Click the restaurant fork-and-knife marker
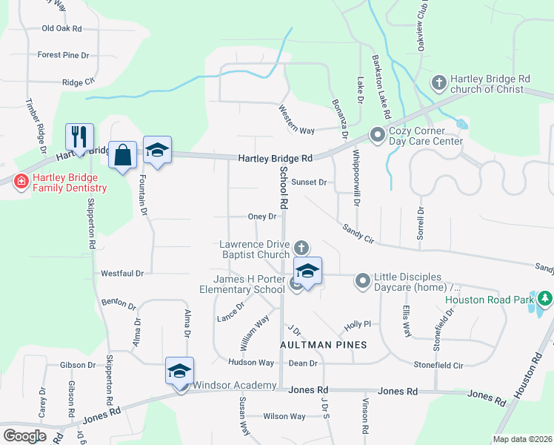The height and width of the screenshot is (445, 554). click(x=79, y=136)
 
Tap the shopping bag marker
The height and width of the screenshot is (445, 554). click(x=123, y=155)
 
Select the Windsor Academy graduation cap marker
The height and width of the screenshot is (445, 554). click(x=179, y=371)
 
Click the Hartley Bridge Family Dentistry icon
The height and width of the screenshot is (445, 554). click(x=21, y=180)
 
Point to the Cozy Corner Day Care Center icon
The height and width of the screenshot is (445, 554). click(x=376, y=134)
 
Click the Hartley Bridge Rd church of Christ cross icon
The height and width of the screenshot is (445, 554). click(x=438, y=82)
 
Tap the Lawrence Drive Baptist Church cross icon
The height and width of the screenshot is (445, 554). click(x=300, y=247)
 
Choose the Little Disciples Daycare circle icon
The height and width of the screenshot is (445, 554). click(x=363, y=280)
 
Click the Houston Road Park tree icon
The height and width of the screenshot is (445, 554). click(x=545, y=299)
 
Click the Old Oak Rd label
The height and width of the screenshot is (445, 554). click(x=61, y=28)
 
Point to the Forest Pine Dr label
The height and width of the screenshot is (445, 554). click(x=63, y=55)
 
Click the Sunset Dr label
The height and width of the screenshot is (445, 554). click(x=309, y=182)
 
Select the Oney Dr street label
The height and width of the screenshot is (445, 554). click(x=262, y=217)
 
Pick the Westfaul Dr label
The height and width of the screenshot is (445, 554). click(x=122, y=273)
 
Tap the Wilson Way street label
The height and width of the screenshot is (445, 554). click(x=284, y=416)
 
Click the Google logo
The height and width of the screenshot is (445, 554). click(x=24, y=435)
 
